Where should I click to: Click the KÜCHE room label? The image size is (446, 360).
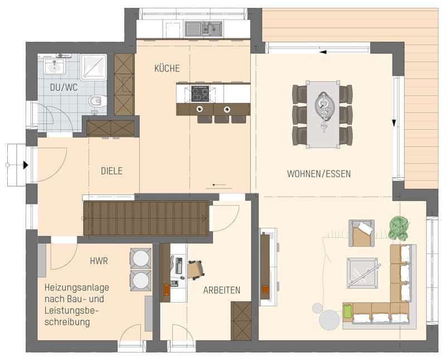(x=167, y=68)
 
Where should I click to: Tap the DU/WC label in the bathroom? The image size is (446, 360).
(x=64, y=87)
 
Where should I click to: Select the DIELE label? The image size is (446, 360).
(x=112, y=171)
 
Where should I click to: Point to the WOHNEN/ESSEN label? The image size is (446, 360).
(x=319, y=174)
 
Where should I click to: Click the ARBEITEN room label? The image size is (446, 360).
(x=221, y=290)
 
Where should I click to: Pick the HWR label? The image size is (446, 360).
(x=99, y=261)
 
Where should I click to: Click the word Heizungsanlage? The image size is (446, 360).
(x=77, y=288)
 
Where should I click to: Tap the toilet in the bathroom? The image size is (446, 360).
(x=97, y=101)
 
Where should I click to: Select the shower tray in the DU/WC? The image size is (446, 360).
(x=93, y=67)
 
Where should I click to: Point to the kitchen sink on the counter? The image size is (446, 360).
(x=203, y=29)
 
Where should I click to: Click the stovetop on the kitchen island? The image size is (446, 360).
(x=200, y=94)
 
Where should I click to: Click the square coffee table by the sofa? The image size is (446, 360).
(x=362, y=273)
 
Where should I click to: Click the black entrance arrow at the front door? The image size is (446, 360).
(x=26, y=165)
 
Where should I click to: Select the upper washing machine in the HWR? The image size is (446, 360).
(x=140, y=258)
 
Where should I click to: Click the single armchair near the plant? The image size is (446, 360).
(x=361, y=233)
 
